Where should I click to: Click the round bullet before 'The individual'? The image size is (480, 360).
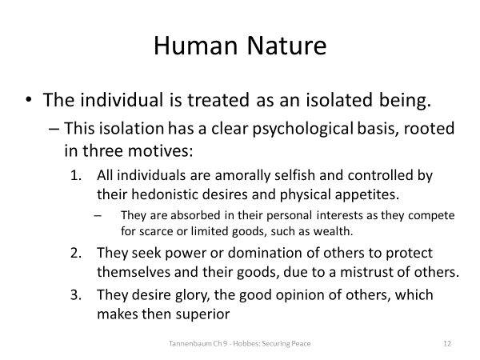(30, 101)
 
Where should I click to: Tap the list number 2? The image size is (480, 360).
(77, 252)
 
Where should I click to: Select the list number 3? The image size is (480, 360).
(77, 294)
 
